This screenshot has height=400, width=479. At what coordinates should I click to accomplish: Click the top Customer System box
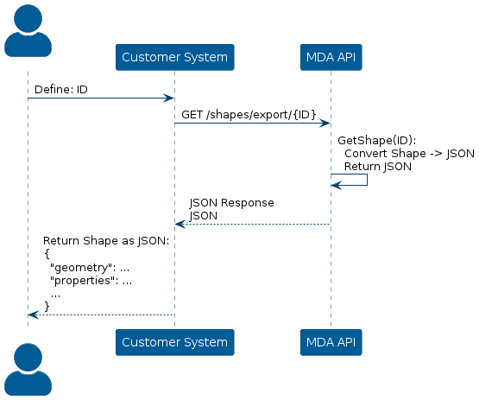click(x=174, y=57)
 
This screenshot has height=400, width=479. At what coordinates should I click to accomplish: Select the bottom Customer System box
click(x=174, y=342)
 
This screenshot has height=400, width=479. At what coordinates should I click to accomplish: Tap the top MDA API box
click(x=331, y=57)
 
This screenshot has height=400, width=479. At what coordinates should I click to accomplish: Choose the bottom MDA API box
click(x=331, y=342)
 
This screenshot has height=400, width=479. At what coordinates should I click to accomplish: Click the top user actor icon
click(x=28, y=30)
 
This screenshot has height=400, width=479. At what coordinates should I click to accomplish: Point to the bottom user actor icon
click(x=28, y=370)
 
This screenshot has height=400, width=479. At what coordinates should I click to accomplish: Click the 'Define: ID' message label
click(x=61, y=90)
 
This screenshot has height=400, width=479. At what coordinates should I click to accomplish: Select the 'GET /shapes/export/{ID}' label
click(x=249, y=115)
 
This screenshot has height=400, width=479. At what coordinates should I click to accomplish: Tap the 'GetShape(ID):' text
click(x=377, y=140)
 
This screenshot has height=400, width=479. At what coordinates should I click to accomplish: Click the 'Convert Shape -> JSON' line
click(x=409, y=154)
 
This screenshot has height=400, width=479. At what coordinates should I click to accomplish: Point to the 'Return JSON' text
click(x=378, y=167)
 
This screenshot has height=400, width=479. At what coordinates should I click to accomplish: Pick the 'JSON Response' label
click(x=231, y=203)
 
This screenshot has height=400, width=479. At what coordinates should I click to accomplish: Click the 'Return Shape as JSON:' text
click(x=106, y=241)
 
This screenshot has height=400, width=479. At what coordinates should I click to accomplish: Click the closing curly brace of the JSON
click(x=47, y=306)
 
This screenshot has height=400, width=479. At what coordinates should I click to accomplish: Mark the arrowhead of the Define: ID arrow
click(x=168, y=98)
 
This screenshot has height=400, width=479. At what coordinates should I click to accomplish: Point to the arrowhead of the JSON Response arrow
click(x=180, y=224)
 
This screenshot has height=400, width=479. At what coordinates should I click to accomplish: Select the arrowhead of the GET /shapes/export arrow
click(x=325, y=124)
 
